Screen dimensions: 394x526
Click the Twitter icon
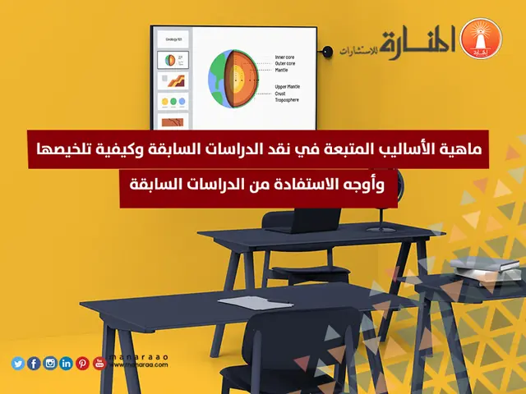coord(18,364)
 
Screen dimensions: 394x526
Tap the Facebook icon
coord(34,364)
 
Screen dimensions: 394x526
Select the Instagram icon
coord(50,364)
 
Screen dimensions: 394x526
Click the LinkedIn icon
coord(67,364)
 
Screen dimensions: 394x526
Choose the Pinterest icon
coord(82,364)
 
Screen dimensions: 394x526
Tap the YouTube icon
coord(99,364)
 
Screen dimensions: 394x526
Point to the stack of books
coord(497,268)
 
